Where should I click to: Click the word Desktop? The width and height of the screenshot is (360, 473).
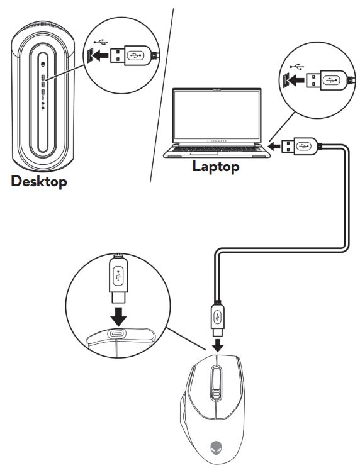(38, 182)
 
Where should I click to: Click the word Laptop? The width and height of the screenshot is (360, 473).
(216, 167)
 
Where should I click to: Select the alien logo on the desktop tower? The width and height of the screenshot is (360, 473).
(43, 63)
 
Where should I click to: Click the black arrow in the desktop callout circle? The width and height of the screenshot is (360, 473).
(98, 56)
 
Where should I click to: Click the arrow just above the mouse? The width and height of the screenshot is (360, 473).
(216, 344)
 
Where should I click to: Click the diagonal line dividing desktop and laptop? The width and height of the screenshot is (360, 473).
(161, 94)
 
